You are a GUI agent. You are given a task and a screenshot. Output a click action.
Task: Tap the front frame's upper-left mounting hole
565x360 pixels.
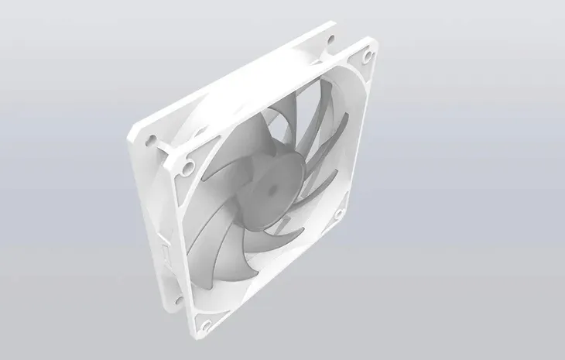(x=187, y=166)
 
